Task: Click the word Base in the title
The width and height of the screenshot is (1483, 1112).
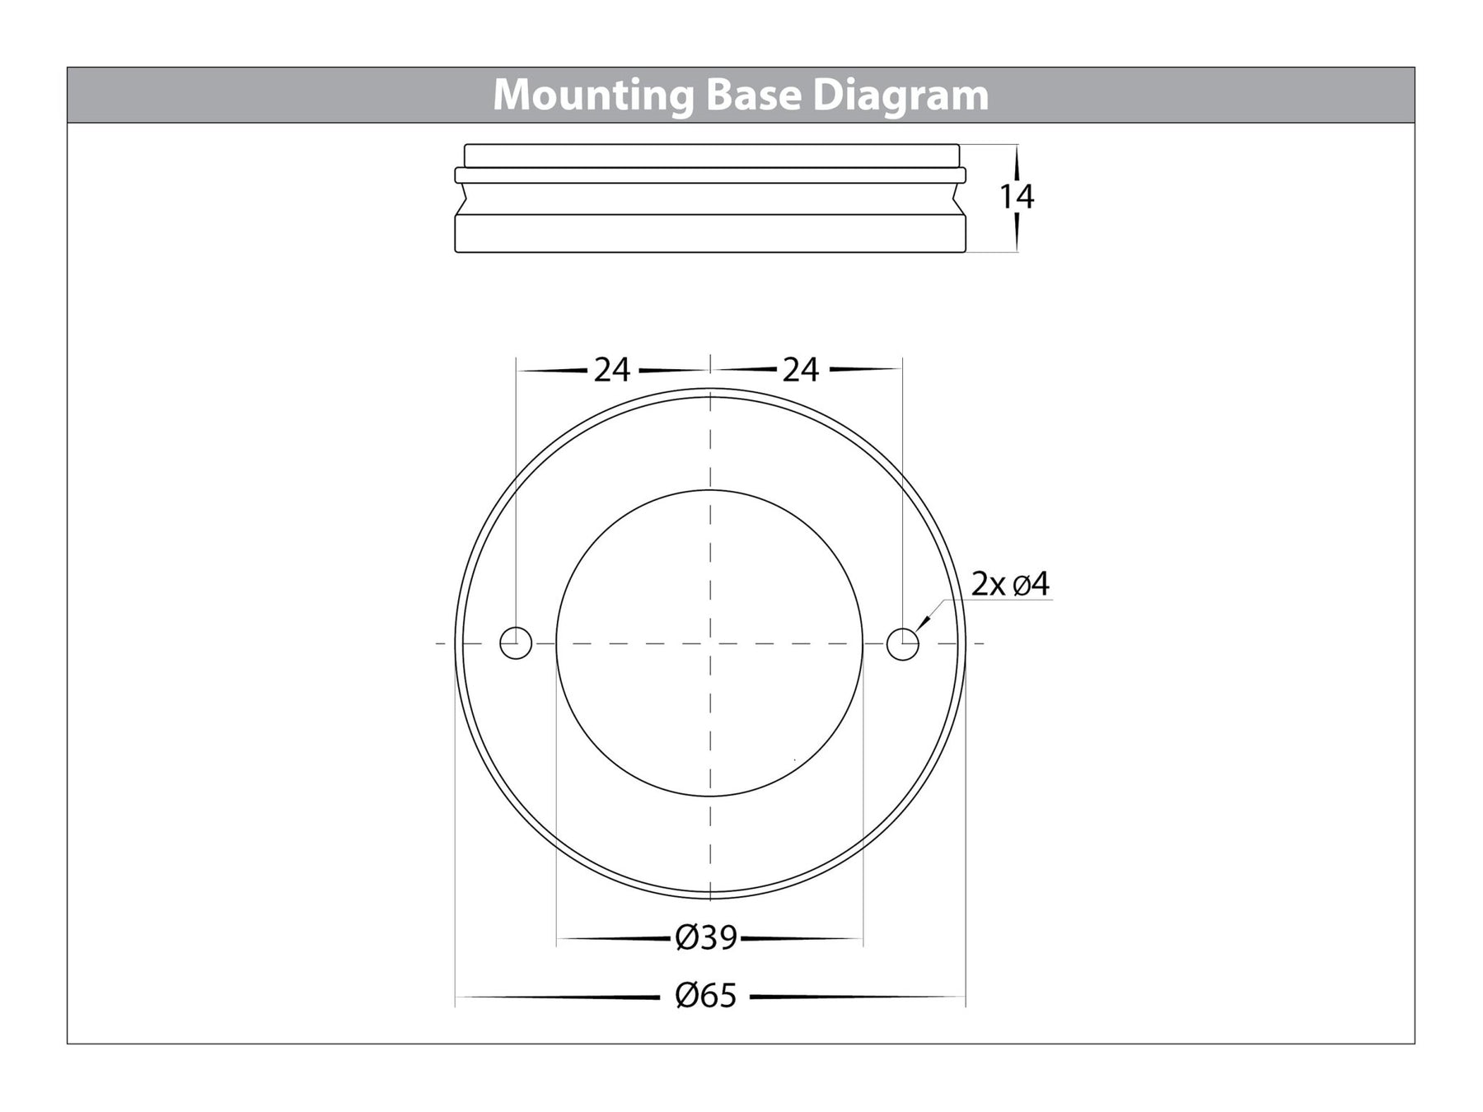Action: point(753,96)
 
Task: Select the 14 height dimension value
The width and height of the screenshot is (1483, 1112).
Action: point(1016,197)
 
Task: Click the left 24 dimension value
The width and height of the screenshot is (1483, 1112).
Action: point(611,371)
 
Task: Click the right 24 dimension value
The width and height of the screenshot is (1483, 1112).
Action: point(800,371)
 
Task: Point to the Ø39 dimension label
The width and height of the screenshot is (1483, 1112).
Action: point(706,937)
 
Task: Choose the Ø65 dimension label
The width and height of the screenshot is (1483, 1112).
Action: point(705,997)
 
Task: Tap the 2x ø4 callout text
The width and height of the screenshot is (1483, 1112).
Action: point(1010,585)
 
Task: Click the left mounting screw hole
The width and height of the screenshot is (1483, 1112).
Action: point(516,643)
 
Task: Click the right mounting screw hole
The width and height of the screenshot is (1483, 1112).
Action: point(902,643)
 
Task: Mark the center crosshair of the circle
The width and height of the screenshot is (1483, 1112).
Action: point(709,643)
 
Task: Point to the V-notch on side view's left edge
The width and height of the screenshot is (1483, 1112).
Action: point(462,199)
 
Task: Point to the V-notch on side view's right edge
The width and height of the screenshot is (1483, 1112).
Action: point(959,199)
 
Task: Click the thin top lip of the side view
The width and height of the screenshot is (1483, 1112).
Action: point(710,156)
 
